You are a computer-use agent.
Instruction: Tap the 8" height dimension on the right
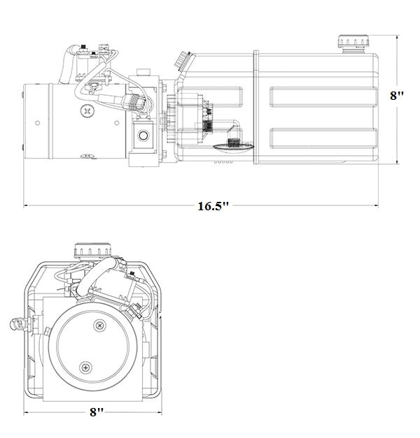(397, 95)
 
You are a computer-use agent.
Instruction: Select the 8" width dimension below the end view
(97, 411)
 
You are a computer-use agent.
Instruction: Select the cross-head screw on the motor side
(87, 110)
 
